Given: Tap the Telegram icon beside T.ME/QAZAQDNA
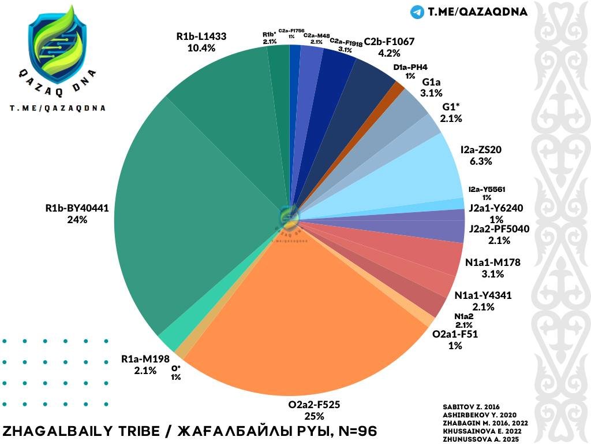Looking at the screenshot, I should (x=417, y=12).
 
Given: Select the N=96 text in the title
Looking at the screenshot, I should (x=357, y=431).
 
